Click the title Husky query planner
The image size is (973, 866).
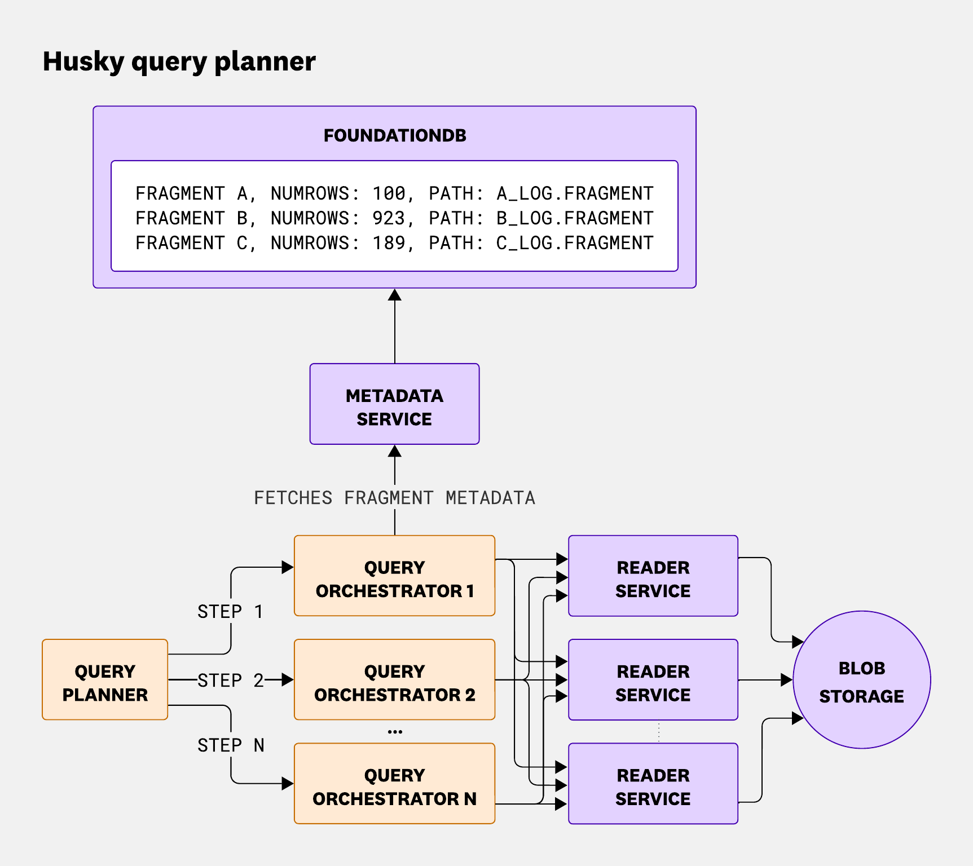(x=179, y=61)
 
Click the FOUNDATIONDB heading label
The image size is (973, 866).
(x=395, y=135)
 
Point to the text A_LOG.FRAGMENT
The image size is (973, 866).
(x=574, y=193)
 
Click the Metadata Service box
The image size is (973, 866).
(x=394, y=404)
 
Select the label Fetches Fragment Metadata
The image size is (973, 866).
(x=394, y=498)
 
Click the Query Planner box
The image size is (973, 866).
(x=105, y=679)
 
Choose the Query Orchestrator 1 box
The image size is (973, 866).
(x=394, y=576)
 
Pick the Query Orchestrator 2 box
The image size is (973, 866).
(x=394, y=679)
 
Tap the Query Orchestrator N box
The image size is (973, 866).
(x=394, y=784)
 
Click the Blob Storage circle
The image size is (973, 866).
(x=861, y=680)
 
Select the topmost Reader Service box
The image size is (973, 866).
(x=653, y=576)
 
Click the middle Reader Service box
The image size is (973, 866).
(x=653, y=679)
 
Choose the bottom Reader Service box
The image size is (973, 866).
(x=653, y=784)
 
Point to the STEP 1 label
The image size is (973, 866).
(x=230, y=612)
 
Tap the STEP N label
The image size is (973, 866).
(x=230, y=745)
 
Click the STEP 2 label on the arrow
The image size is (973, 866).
(x=230, y=681)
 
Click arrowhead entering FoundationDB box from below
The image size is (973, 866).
(x=395, y=295)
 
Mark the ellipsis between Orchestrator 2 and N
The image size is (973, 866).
(x=395, y=732)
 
